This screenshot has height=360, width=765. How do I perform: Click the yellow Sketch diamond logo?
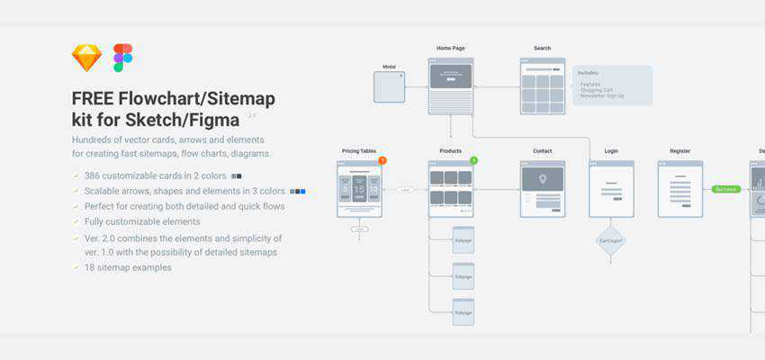click(87, 58)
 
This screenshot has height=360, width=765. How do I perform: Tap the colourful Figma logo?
click(122, 58)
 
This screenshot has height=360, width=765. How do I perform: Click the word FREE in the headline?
click(93, 98)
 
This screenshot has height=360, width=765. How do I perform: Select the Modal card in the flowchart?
click(389, 87)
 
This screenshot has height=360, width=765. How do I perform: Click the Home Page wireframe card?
click(451, 85)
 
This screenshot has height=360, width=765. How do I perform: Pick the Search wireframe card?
click(542, 85)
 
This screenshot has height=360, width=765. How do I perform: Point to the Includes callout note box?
click(612, 85)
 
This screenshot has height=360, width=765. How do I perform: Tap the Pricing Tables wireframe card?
click(359, 189)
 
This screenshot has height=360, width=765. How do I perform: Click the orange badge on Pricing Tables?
click(382, 160)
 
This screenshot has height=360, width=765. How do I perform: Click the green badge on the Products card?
click(473, 160)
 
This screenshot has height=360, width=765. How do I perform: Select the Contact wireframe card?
click(542, 189)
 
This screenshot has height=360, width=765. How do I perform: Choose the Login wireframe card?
click(611, 189)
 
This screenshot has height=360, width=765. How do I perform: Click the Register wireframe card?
click(679, 189)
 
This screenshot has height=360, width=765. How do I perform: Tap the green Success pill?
click(725, 189)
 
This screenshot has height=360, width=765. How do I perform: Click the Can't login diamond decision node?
click(611, 240)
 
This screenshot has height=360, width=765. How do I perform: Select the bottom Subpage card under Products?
click(463, 311)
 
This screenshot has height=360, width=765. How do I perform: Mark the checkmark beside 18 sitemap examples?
click(76, 267)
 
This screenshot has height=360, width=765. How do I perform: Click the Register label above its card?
click(679, 151)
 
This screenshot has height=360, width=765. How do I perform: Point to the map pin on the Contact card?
click(542, 179)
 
